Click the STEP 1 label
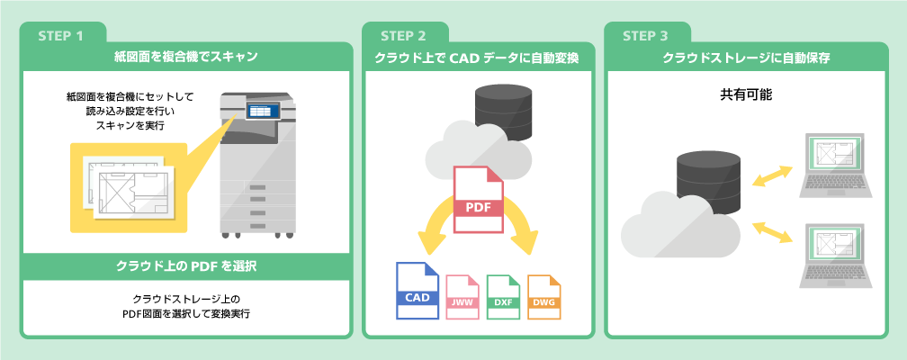[61, 37]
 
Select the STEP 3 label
[645, 37]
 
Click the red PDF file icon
[479, 200]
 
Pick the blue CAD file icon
[417, 290]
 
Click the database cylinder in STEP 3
[710, 184]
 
